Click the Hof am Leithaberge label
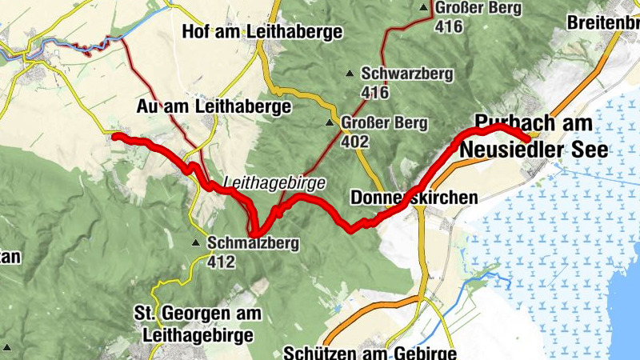pyautogui.click(x=262, y=32)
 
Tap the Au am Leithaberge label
pyautogui.click(x=214, y=106)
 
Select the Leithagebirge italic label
pyautogui.click(x=275, y=182)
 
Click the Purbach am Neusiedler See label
pyautogui.click(x=534, y=136)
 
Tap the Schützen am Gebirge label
pyautogui.click(x=370, y=353)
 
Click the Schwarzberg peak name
pyautogui.click(x=407, y=74)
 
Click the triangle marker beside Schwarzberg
pyautogui.click(x=350, y=74)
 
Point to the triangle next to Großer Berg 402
pyautogui.click(x=330, y=124)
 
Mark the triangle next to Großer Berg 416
pyautogui.click(x=425, y=9)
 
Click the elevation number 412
pyautogui.click(x=221, y=261)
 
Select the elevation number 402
pyautogui.click(x=354, y=142)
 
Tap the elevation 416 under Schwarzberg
pyautogui.click(x=374, y=93)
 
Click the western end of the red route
pyautogui.click(x=114, y=137)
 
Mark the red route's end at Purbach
pyautogui.click(x=527, y=140)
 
